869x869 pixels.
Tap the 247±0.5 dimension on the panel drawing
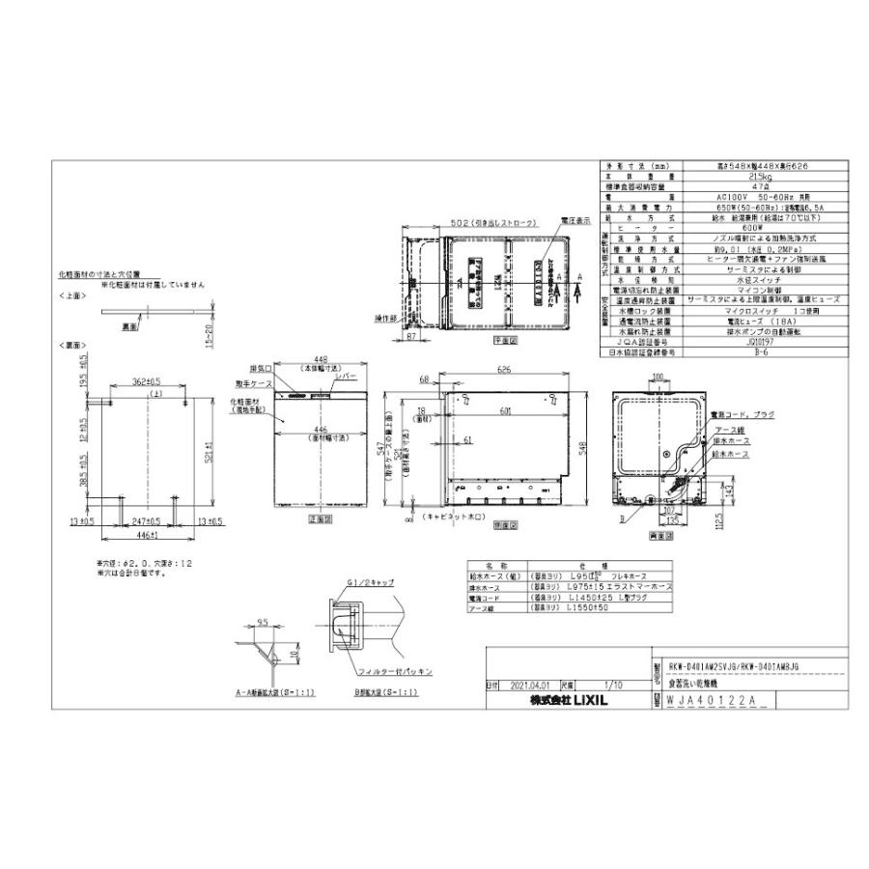pyautogui.click(x=145, y=520)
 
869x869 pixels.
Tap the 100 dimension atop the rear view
pyautogui.click(x=659, y=376)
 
